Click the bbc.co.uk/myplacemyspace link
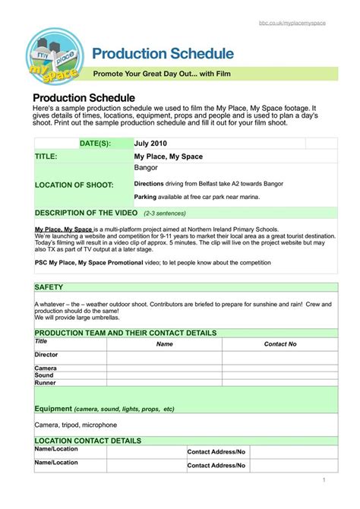(x=292, y=24)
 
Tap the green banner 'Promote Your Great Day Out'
(x=160, y=74)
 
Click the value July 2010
(x=150, y=143)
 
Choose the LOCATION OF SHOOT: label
(x=74, y=185)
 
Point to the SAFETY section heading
(x=49, y=287)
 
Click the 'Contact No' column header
(x=279, y=344)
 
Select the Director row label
(x=46, y=355)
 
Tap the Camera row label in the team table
(x=46, y=368)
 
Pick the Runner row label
(x=46, y=383)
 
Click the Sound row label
(x=44, y=375)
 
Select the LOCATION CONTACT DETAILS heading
(x=87, y=440)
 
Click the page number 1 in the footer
(x=324, y=480)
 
